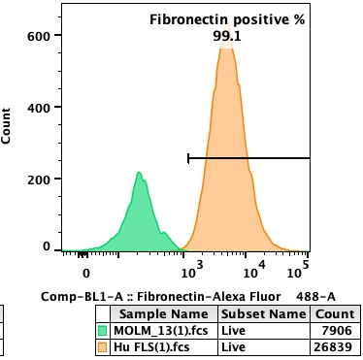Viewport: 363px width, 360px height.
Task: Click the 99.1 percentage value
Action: [227, 36]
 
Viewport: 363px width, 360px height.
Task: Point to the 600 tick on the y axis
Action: [38, 36]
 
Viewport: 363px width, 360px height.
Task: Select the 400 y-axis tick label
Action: [38, 108]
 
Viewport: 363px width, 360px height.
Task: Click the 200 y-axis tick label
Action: [38, 179]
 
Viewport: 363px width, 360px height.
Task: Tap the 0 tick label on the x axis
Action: [85, 273]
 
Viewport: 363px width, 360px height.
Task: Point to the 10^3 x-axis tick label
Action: [190, 263]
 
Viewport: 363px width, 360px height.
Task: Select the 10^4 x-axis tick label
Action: [250, 263]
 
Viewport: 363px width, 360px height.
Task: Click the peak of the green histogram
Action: [139, 174]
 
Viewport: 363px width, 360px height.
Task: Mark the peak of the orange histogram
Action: [225, 47]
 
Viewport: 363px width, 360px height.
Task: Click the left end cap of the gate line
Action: [187, 157]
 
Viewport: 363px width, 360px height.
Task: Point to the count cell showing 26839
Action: [334, 347]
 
